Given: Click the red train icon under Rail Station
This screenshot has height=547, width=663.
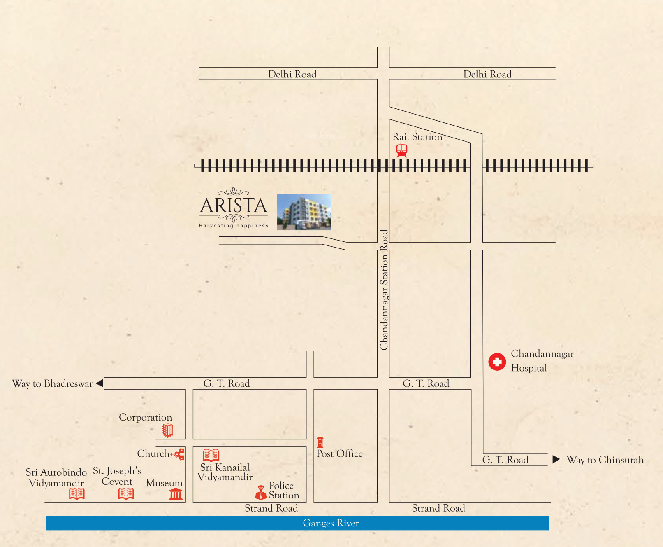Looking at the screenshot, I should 402,150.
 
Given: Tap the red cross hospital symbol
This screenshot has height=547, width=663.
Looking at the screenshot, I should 497,362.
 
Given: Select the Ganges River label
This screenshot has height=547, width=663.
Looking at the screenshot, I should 331,523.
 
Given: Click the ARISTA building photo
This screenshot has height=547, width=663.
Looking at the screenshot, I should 304,212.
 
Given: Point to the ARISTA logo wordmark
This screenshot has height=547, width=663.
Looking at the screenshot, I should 234,206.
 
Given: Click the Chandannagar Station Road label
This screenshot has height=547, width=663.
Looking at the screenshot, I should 384,290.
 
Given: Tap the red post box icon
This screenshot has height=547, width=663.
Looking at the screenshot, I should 320,442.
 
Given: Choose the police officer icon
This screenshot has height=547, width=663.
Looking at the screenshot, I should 261,492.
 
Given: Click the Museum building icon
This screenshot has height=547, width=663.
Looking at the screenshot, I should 176,493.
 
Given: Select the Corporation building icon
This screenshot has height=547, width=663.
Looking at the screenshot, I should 167,430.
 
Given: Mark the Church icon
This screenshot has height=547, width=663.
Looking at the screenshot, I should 179,454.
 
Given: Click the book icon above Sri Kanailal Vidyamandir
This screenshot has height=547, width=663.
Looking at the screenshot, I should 211,455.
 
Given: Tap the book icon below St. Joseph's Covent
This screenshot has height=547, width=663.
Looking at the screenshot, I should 126,493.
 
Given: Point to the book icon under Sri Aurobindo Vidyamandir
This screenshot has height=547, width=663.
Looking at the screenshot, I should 77,493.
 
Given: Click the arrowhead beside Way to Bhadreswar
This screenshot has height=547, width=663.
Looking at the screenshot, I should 100,383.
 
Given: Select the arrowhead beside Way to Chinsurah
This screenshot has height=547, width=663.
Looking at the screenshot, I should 556,459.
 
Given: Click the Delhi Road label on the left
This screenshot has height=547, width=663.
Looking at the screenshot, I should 292,74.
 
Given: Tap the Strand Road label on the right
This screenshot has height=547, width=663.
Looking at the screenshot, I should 438,508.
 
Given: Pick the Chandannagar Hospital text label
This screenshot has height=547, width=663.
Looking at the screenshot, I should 542,361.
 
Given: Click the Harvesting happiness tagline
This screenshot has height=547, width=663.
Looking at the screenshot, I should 234,226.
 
